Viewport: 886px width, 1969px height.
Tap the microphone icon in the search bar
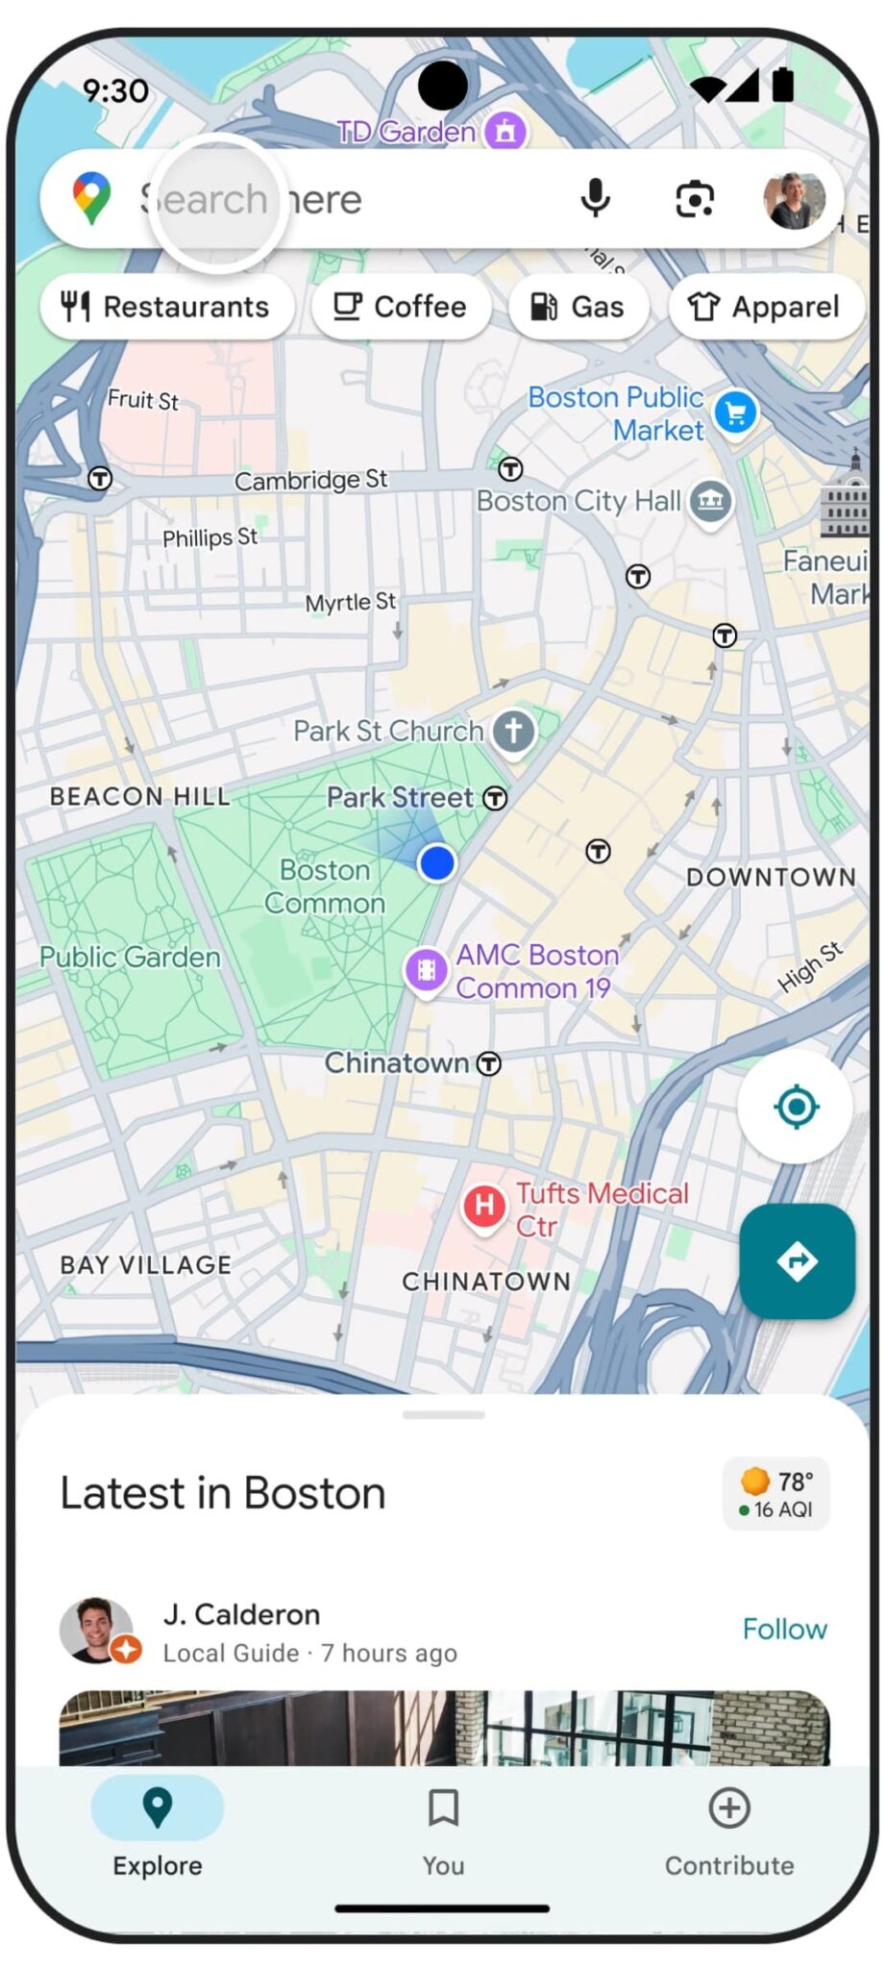click(x=595, y=198)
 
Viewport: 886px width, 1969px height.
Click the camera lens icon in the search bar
click(x=694, y=199)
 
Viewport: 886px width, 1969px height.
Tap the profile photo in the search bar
click(x=794, y=200)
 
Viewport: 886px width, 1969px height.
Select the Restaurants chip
click(x=166, y=307)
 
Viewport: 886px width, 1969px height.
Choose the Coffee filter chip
click(x=401, y=307)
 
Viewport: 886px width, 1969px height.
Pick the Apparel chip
click(x=765, y=307)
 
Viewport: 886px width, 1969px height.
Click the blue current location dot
click(x=437, y=862)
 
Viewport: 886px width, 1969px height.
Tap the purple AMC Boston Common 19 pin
click(x=426, y=970)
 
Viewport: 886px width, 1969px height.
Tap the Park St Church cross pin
click(x=513, y=732)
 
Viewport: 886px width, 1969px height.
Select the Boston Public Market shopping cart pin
click(x=736, y=413)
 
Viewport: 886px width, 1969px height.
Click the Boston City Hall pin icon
click(x=710, y=500)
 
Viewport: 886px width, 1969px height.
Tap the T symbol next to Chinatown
click(x=489, y=1063)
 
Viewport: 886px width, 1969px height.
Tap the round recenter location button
click(x=795, y=1107)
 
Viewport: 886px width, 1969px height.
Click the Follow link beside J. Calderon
click(x=784, y=1629)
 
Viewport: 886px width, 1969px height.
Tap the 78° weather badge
click(x=776, y=1494)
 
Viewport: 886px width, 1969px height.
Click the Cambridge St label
click(x=310, y=479)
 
